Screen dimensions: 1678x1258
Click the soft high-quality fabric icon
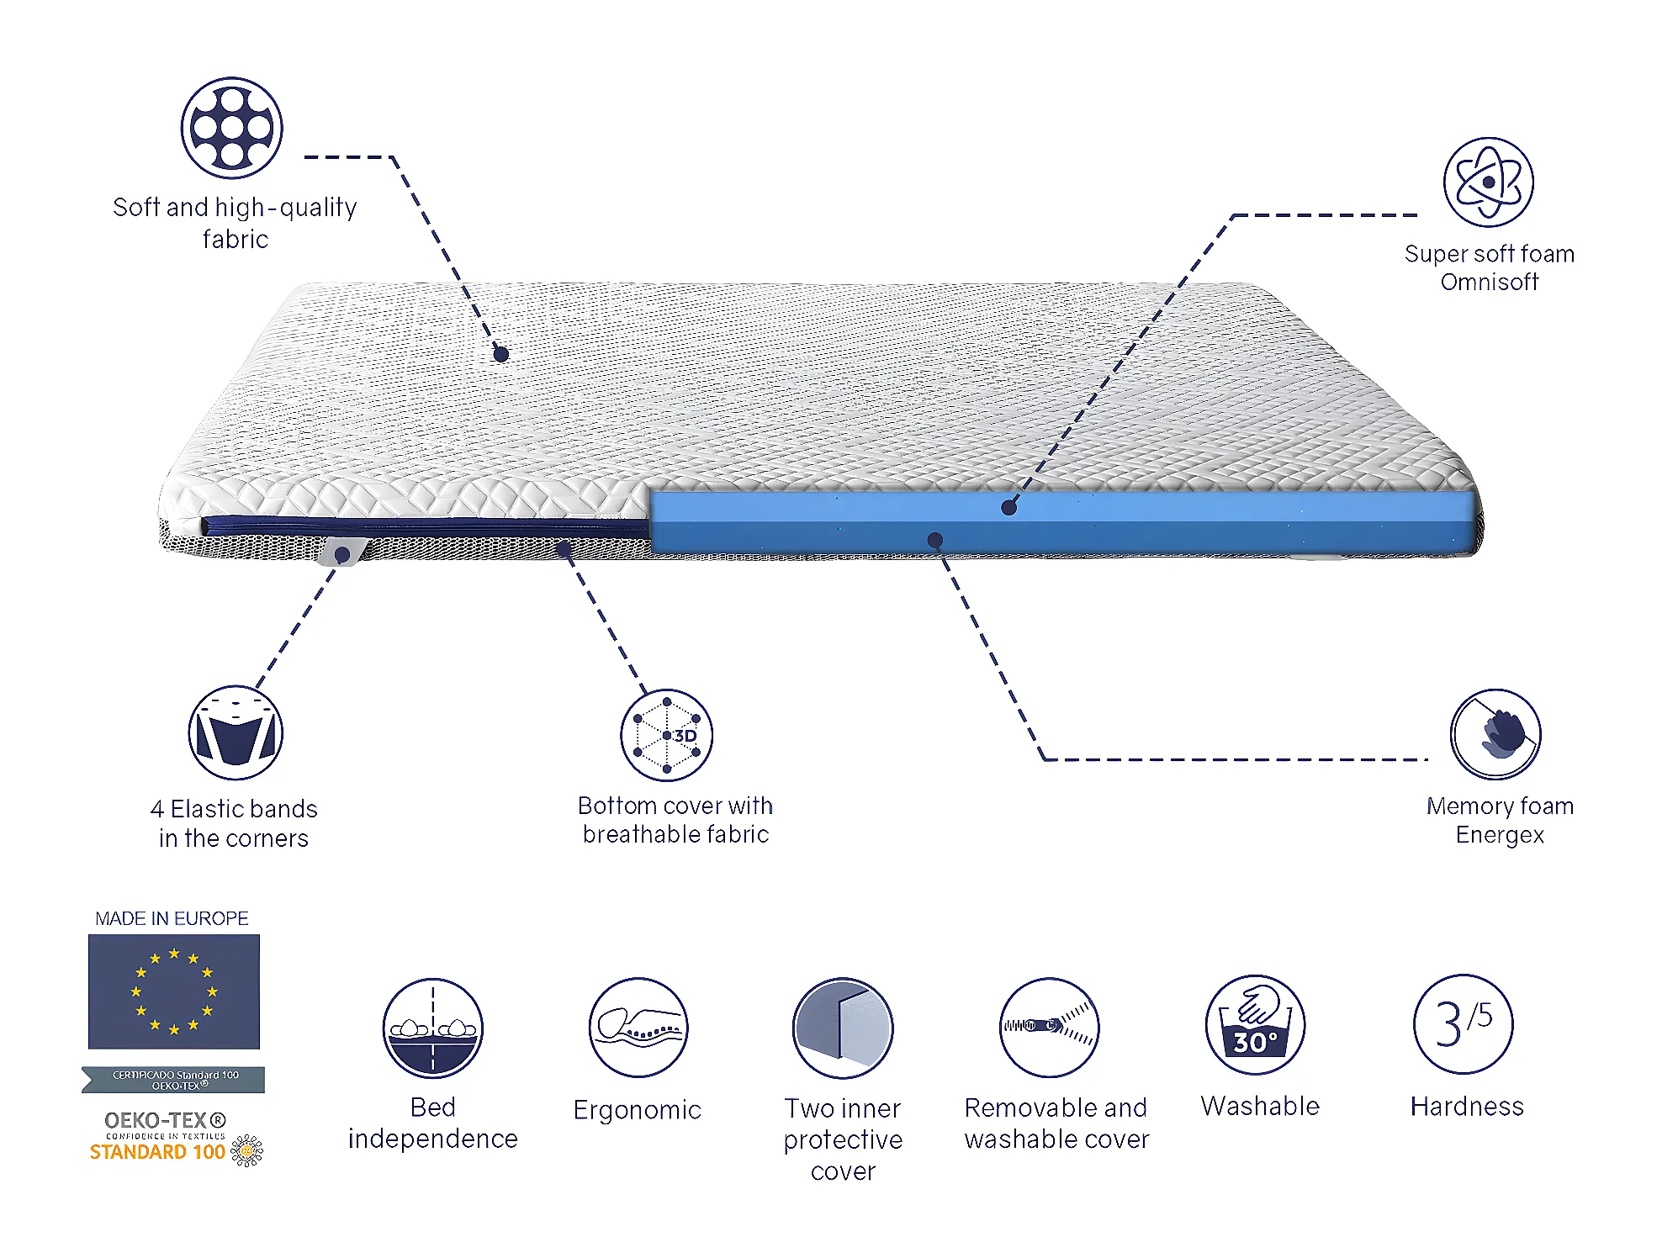pos(232,128)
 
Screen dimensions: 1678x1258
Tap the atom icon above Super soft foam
pos(1488,182)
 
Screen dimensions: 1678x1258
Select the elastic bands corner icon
pos(236,732)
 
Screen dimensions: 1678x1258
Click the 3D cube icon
pos(666,735)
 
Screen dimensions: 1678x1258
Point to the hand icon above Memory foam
pos(1495,734)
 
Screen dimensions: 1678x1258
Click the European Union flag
pos(174,991)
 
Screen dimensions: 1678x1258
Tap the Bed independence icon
pos(432,1028)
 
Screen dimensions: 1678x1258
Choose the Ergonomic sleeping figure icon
pos(638,1027)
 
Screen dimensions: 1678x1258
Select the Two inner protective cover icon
pos(843,1028)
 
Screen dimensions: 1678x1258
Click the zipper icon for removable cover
pos(1049,1027)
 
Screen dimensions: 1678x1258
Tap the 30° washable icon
pos(1255,1024)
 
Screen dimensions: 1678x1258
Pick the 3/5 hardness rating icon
pos(1463,1023)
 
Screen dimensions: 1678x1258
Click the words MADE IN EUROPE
pos(172,918)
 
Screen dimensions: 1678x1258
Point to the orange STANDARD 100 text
pos(157,1152)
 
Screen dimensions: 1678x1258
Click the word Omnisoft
pos(1489,283)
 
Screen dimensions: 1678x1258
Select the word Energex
pos(1500,835)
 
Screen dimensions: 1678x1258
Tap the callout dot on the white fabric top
pos(501,354)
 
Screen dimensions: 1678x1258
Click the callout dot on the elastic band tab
pos(342,554)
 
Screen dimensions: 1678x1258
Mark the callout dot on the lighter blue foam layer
pos(1009,507)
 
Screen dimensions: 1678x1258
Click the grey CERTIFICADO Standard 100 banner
pos(174,1080)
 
